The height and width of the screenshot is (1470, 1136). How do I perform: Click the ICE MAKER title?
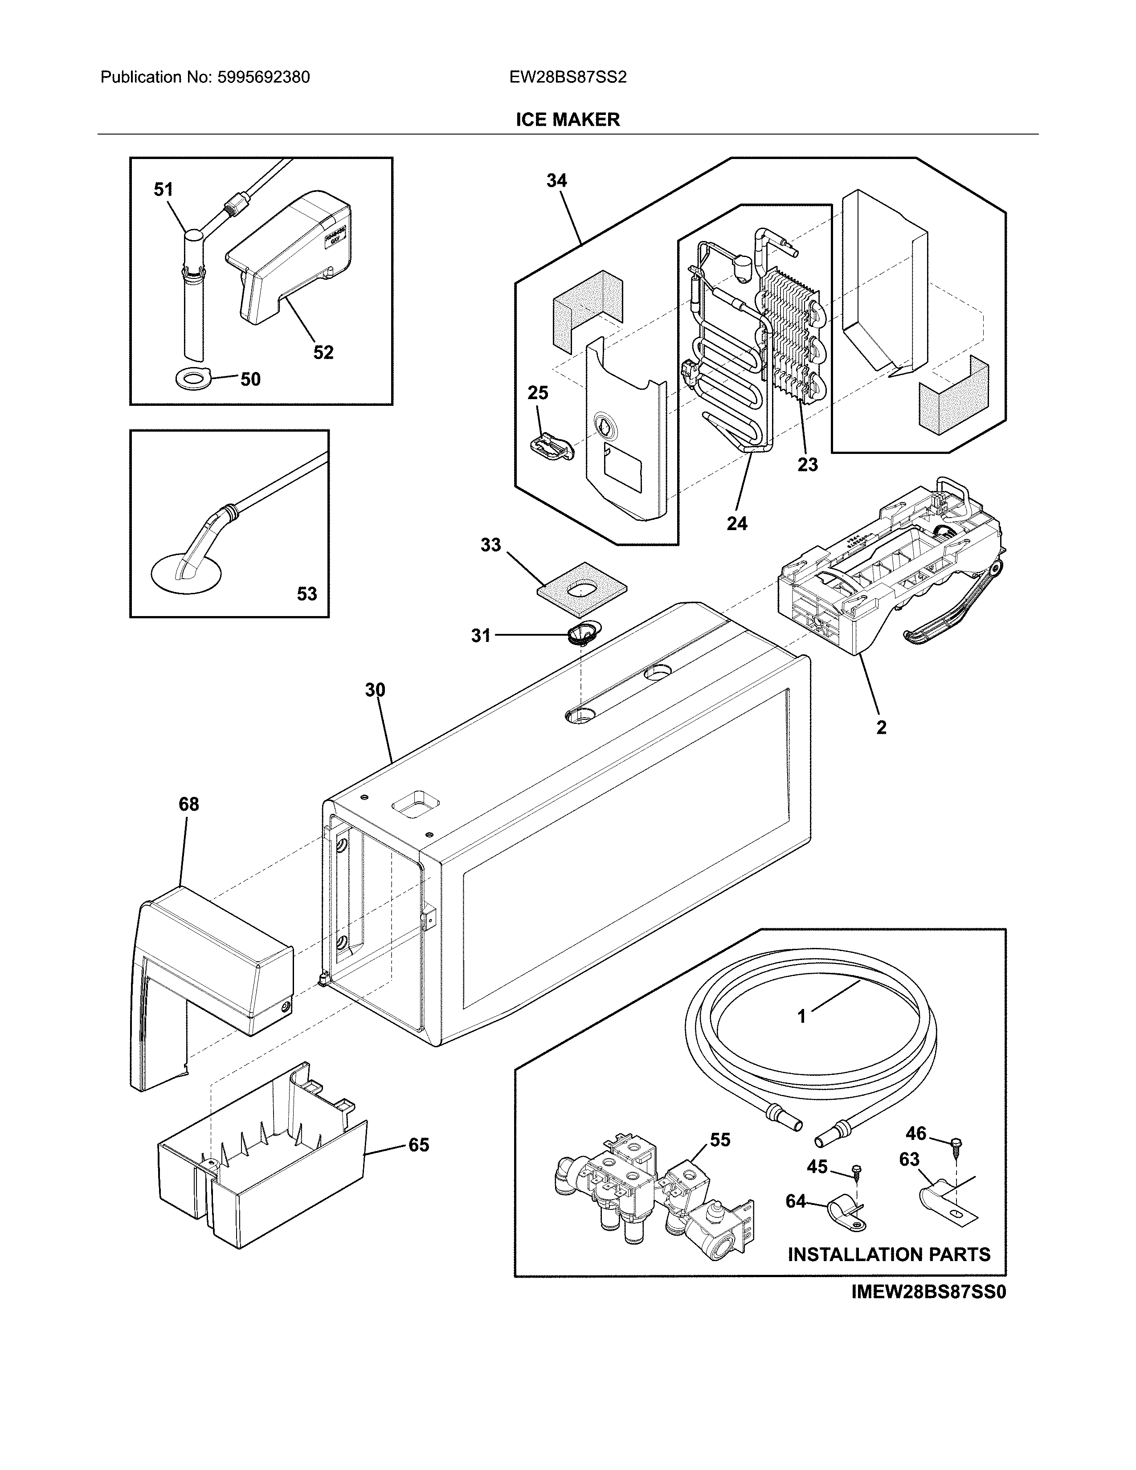point(567,120)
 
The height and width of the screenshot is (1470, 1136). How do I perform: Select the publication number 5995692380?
point(263,78)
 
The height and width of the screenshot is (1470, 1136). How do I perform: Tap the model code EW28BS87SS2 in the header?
point(567,78)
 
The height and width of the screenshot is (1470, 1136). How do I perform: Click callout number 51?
point(163,190)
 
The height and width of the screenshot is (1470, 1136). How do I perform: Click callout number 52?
point(323,352)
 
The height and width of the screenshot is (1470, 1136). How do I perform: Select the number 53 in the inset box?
point(307,594)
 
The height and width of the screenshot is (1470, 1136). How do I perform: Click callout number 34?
point(556,180)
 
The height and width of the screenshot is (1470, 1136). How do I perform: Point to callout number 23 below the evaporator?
point(808,465)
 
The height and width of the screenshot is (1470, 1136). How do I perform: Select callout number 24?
point(737,523)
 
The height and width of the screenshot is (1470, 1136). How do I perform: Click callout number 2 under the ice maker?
point(881,727)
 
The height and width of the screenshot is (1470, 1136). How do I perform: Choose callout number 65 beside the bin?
point(419,1145)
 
